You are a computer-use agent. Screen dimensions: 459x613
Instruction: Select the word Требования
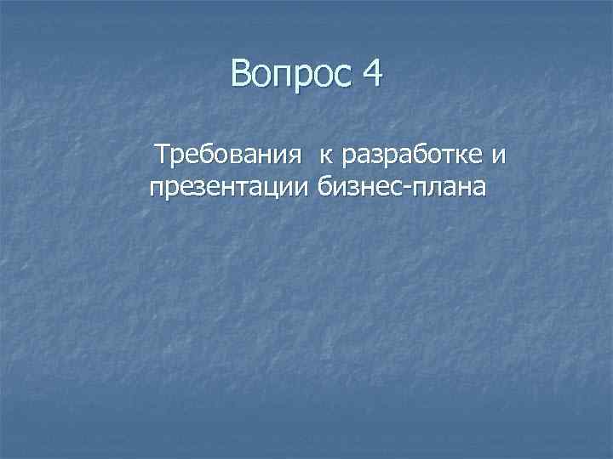[x=227, y=156]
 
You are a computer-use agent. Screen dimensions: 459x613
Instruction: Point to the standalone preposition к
[x=326, y=156]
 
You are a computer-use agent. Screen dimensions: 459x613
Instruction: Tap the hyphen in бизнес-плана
[x=409, y=186]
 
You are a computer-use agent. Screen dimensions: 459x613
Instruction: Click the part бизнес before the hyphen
[x=362, y=186]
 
